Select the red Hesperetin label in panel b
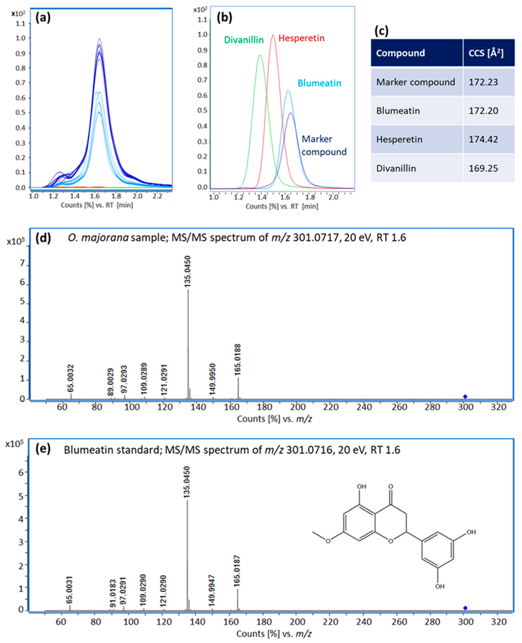301,38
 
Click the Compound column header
400,53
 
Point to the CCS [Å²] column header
486,53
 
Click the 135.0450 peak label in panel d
188,271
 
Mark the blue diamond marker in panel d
465,396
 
